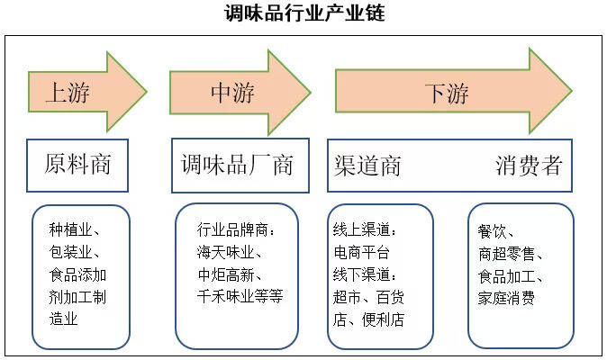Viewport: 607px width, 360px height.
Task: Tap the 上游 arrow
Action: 81,92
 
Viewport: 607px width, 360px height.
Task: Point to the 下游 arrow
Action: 446,92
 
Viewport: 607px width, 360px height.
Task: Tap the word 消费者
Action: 529,166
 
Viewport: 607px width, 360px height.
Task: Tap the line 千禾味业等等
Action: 240,295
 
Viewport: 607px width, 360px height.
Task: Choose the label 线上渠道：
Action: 366,229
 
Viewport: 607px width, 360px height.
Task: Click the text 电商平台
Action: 361,252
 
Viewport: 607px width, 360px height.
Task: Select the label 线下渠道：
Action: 366,274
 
